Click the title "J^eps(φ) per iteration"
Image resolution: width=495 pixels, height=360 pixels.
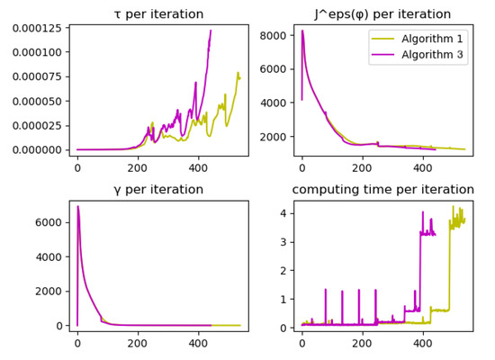(382, 14)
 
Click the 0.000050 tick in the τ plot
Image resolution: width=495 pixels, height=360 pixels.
(35, 101)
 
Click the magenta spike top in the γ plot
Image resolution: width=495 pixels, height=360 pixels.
(77, 207)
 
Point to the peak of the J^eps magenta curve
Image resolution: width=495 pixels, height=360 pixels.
(302, 31)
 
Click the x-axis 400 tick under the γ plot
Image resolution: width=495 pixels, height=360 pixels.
(197, 343)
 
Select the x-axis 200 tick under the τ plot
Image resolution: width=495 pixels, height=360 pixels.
(138, 167)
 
